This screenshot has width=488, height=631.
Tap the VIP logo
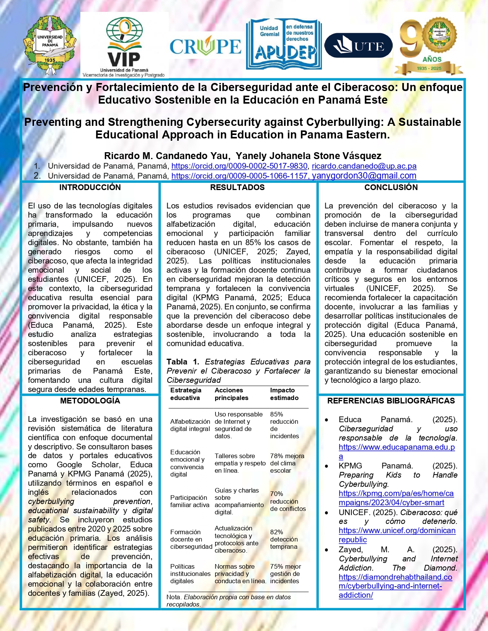[x=124, y=45]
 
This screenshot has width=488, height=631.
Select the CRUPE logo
[x=206, y=47]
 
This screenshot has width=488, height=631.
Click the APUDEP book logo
[x=284, y=44]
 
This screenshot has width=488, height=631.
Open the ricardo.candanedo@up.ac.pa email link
[x=364, y=166]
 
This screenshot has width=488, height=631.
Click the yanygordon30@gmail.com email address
[x=364, y=176]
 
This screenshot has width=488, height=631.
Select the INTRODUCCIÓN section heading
[x=90, y=187]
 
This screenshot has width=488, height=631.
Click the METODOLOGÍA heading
[x=90, y=401]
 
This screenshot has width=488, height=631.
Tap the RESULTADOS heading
[x=237, y=187]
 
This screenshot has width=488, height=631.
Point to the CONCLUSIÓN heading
[x=391, y=187]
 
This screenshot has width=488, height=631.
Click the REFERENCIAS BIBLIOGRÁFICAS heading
[x=391, y=401]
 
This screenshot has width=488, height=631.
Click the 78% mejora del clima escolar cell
[x=287, y=463]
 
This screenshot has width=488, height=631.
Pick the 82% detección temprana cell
[x=284, y=539]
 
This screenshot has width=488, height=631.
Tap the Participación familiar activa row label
[x=189, y=501]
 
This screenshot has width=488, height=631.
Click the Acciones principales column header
[x=231, y=394]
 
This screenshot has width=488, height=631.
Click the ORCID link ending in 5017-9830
[x=239, y=166]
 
